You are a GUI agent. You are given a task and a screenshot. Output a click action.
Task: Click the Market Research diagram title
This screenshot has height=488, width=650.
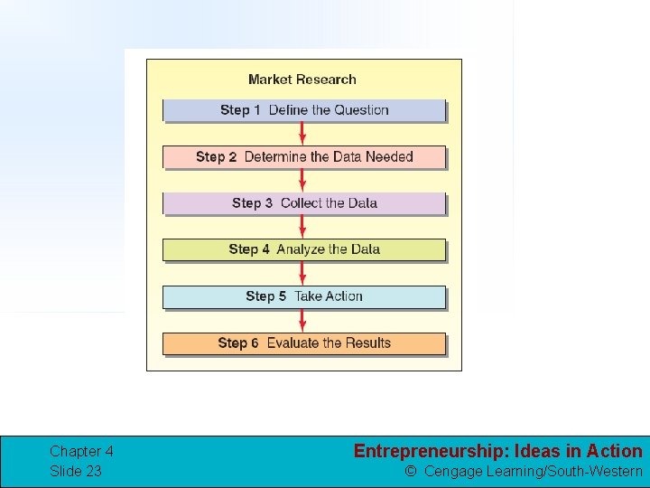point(302,80)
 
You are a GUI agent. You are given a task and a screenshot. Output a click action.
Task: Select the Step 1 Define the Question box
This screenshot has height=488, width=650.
point(304,110)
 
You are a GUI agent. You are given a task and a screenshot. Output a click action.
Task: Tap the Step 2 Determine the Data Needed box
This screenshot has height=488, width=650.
point(304,157)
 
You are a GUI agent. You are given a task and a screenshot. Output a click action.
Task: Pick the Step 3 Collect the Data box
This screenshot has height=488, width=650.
point(304,203)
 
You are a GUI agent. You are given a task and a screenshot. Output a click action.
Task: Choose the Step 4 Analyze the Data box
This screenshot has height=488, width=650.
point(304,249)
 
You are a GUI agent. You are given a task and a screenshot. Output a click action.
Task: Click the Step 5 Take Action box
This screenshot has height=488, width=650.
point(304,296)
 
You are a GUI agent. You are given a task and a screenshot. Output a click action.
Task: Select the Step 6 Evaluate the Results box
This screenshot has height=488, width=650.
point(304,343)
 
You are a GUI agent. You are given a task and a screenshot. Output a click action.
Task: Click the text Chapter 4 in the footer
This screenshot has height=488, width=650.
point(81,451)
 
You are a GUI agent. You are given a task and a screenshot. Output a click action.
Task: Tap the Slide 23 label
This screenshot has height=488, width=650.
point(76,471)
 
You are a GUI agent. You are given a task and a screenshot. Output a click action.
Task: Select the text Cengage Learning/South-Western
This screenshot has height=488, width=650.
point(533,471)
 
